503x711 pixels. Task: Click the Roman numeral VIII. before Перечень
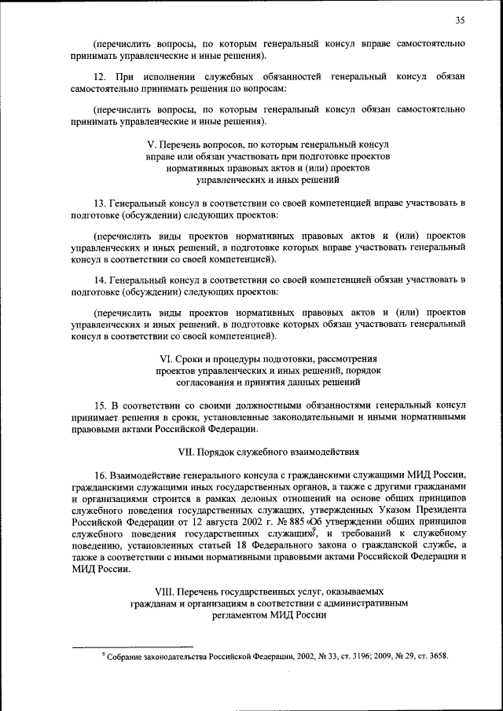click(165, 590)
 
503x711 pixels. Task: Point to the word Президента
click(440, 508)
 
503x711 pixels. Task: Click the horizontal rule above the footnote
click(133, 647)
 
